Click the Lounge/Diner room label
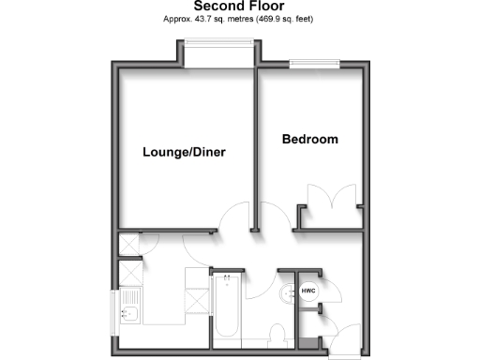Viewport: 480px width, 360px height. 185,152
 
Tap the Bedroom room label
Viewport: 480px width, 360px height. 309,140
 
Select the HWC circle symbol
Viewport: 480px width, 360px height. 309,292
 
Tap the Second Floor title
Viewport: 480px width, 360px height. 240,7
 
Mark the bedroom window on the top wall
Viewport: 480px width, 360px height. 314,66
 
